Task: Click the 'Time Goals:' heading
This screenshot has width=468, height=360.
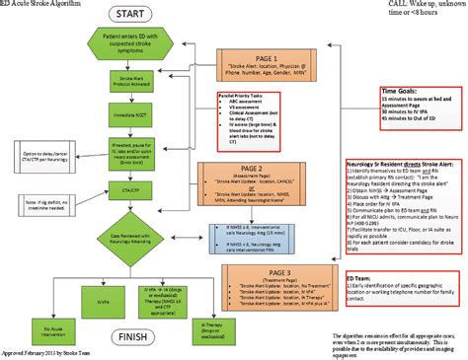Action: point(402,94)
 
